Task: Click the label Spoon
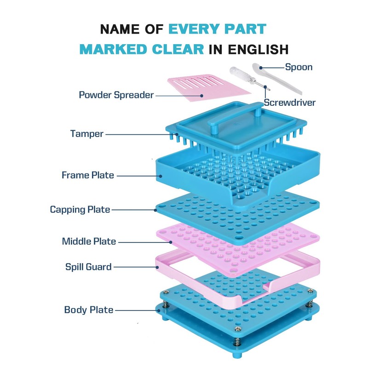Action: point(299,67)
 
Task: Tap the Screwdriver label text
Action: point(290,103)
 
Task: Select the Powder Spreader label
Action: point(116,95)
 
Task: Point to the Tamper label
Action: point(87,134)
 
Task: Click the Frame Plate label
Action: point(88,175)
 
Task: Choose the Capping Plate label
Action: point(80,210)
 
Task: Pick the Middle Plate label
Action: point(89,241)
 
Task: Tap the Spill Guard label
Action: point(88,267)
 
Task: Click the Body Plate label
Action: point(89,310)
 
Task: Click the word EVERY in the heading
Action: point(194,29)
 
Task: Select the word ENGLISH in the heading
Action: point(258,49)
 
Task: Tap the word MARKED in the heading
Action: point(114,49)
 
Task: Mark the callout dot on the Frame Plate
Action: point(161,176)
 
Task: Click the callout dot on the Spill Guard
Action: point(157,267)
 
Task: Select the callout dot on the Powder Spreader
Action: point(201,96)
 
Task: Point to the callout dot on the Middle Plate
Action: point(171,242)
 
